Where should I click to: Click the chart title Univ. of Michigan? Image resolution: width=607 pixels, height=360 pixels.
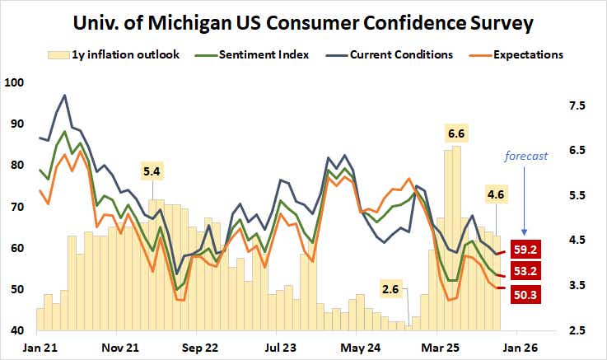pyautogui.click(x=303, y=23)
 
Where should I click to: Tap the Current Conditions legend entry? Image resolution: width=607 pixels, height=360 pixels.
pyautogui.click(x=392, y=55)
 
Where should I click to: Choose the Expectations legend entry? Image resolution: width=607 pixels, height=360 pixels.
pyautogui.click(x=518, y=55)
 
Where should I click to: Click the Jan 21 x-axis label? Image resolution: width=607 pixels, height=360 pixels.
pyautogui.click(x=38, y=347)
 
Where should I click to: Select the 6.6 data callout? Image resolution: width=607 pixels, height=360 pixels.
pyautogui.click(x=455, y=133)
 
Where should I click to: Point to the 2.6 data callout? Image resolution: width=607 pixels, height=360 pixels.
pyautogui.click(x=392, y=289)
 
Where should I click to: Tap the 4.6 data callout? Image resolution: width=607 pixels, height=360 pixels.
pyautogui.click(x=496, y=195)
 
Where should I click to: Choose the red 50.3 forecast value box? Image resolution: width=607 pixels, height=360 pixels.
pyautogui.click(x=527, y=293)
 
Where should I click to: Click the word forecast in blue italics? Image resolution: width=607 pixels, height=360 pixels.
pyautogui.click(x=526, y=157)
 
